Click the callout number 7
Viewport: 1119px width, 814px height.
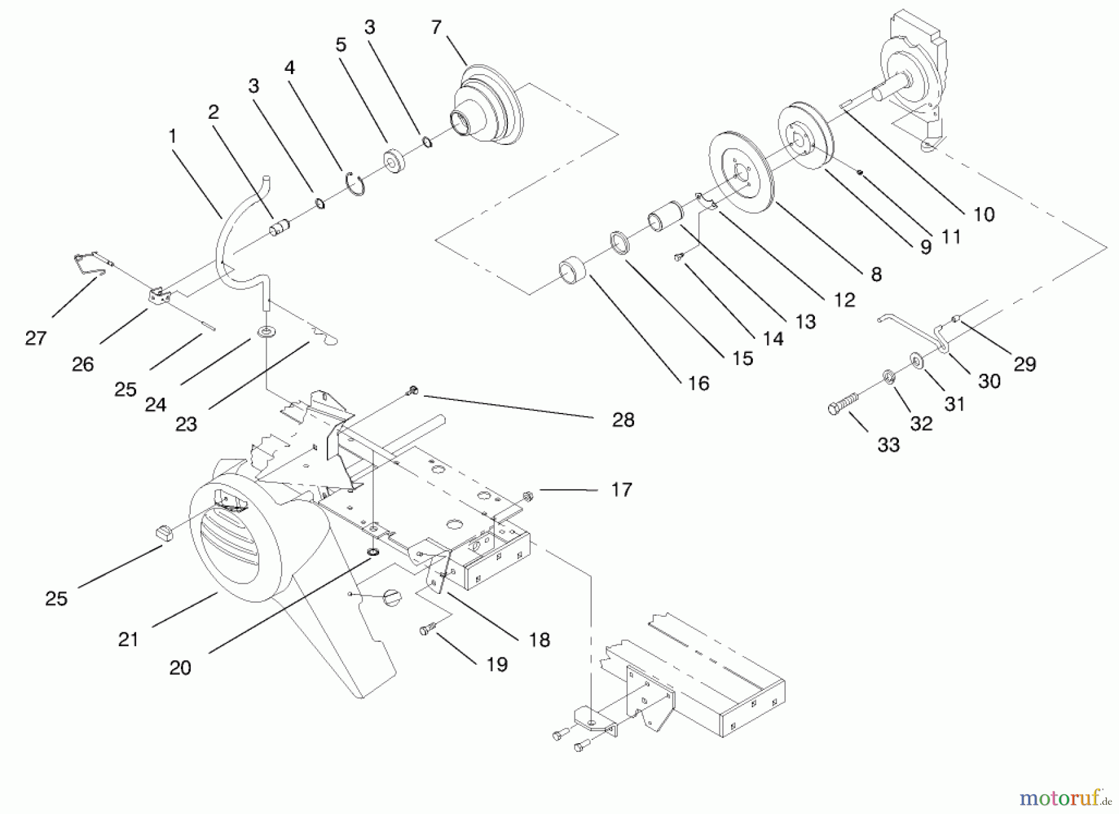436,27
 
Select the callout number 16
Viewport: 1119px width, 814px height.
699,384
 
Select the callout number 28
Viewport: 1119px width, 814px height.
623,420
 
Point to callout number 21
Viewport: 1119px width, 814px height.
128,639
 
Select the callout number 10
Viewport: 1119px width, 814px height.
983,215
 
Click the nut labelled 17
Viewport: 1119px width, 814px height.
528,496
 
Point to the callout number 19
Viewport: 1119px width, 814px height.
496,664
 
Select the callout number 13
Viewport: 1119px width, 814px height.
805,321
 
